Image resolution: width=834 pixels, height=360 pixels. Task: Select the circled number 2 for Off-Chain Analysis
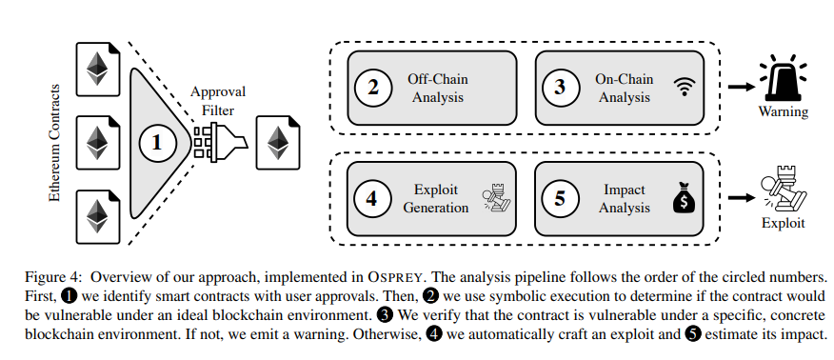coord(373,87)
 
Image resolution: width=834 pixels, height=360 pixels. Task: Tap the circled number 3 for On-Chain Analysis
coord(560,87)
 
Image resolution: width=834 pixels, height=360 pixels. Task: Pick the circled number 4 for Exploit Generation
coord(373,199)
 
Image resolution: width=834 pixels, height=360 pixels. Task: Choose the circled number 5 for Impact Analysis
coord(560,199)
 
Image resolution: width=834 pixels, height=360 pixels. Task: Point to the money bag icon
coord(685,200)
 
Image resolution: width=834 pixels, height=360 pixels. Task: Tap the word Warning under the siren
coord(784,112)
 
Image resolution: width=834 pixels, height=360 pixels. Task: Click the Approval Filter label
coord(218,99)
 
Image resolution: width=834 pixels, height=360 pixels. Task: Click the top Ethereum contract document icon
coord(96,68)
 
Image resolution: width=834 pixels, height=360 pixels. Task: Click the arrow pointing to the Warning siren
coord(737,87)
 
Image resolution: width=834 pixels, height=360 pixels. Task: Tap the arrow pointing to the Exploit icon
coord(737,199)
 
